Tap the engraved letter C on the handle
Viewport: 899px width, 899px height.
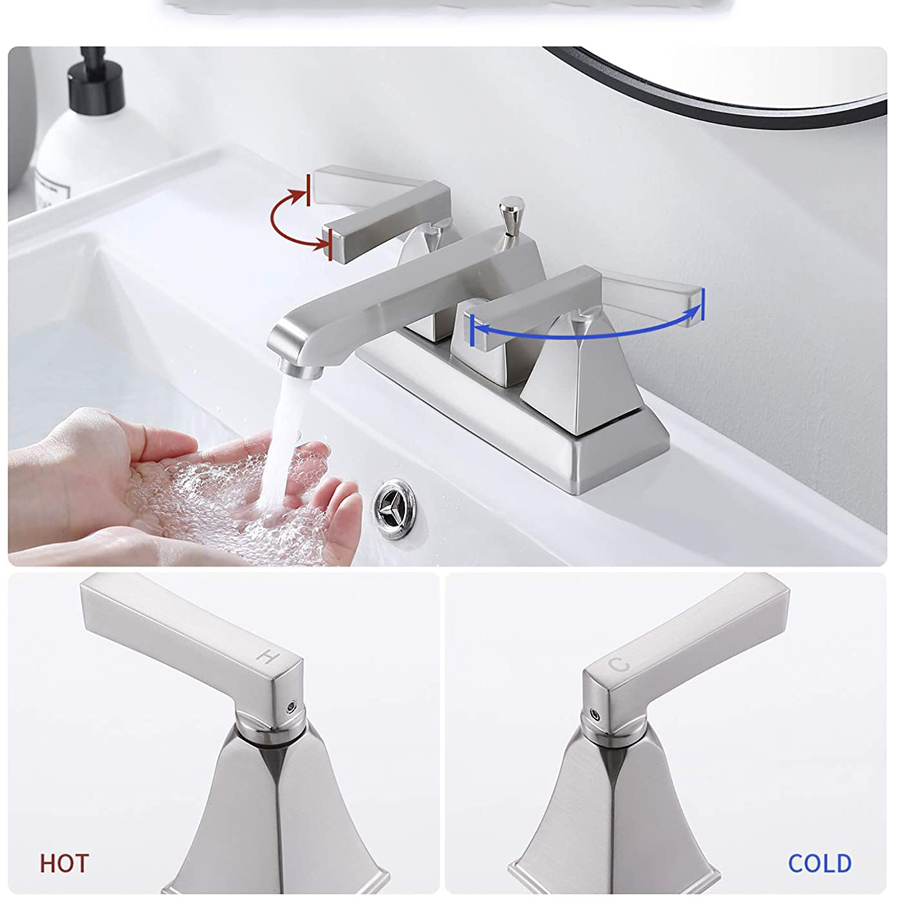click(x=619, y=665)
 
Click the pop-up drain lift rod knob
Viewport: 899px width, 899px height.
click(x=511, y=209)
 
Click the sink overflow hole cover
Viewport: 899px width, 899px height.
click(x=394, y=509)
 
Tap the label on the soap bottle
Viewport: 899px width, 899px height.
click(x=52, y=189)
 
